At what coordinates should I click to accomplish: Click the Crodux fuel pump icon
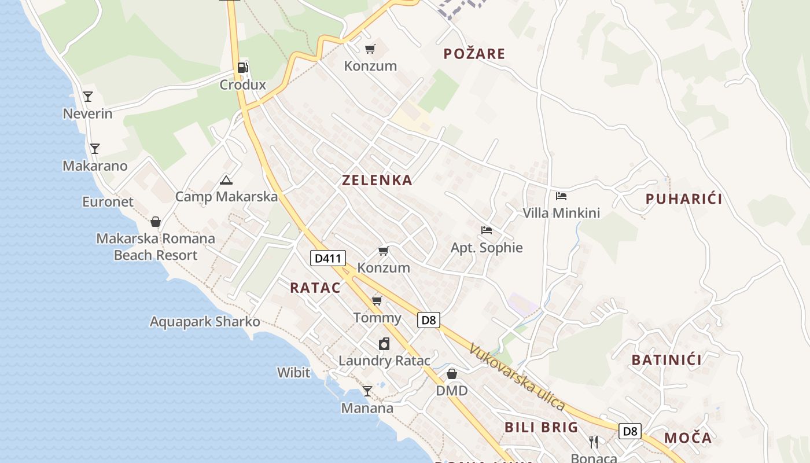tap(242, 68)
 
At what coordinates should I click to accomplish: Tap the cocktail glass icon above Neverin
tap(88, 97)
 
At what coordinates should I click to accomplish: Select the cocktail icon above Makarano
tap(95, 149)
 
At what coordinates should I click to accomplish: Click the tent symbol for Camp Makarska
tap(226, 180)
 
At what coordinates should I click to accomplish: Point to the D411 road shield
tap(328, 258)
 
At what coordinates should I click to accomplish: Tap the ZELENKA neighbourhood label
tap(377, 180)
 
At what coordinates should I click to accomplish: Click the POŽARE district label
tap(474, 54)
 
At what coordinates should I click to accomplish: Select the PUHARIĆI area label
tap(684, 199)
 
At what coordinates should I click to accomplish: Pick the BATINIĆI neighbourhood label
tap(667, 360)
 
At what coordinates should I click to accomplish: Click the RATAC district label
tap(315, 288)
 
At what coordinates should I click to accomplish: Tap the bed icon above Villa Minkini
tap(561, 196)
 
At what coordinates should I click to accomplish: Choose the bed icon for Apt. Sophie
tap(487, 230)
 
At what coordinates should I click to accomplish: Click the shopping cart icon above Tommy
tap(377, 300)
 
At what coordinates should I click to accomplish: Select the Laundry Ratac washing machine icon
tap(384, 344)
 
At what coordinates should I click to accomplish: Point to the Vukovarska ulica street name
tap(517, 377)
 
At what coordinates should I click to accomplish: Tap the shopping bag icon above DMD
tap(452, 374)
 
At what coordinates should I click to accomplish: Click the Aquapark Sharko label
tap(205, 322)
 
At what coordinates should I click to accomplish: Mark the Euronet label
tap(108, 202)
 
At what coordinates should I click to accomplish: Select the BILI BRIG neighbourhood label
tap(542, 427)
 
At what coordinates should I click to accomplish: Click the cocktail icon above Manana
tap(367, 391)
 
